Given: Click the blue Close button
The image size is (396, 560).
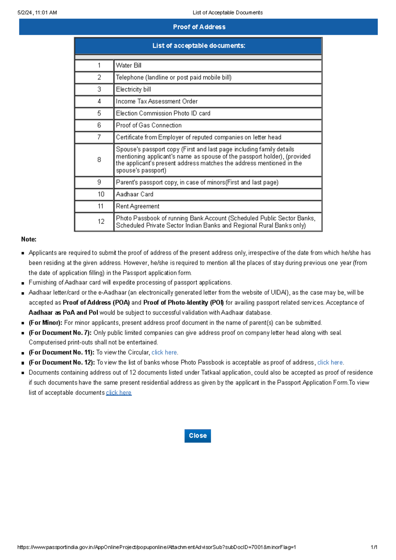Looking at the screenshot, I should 197,436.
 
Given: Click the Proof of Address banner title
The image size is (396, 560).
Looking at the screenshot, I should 199,27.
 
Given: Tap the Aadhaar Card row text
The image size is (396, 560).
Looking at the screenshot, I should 135,194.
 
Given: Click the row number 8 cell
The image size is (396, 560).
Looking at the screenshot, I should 99,160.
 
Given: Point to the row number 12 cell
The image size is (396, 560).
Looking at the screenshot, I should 101,222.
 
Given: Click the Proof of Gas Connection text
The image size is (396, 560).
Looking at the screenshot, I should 148,125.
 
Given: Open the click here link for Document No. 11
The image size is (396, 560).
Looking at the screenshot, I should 164,352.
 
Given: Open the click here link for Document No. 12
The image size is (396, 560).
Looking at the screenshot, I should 330,362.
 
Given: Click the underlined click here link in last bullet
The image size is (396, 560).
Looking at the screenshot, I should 119,392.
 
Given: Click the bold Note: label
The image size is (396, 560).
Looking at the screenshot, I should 29,239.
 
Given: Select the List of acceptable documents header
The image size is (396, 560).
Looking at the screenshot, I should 199,46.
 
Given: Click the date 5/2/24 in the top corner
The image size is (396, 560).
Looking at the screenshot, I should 25,13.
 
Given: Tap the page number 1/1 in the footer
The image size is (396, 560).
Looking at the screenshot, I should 374,547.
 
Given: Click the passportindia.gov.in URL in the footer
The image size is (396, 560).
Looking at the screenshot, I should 156,547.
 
